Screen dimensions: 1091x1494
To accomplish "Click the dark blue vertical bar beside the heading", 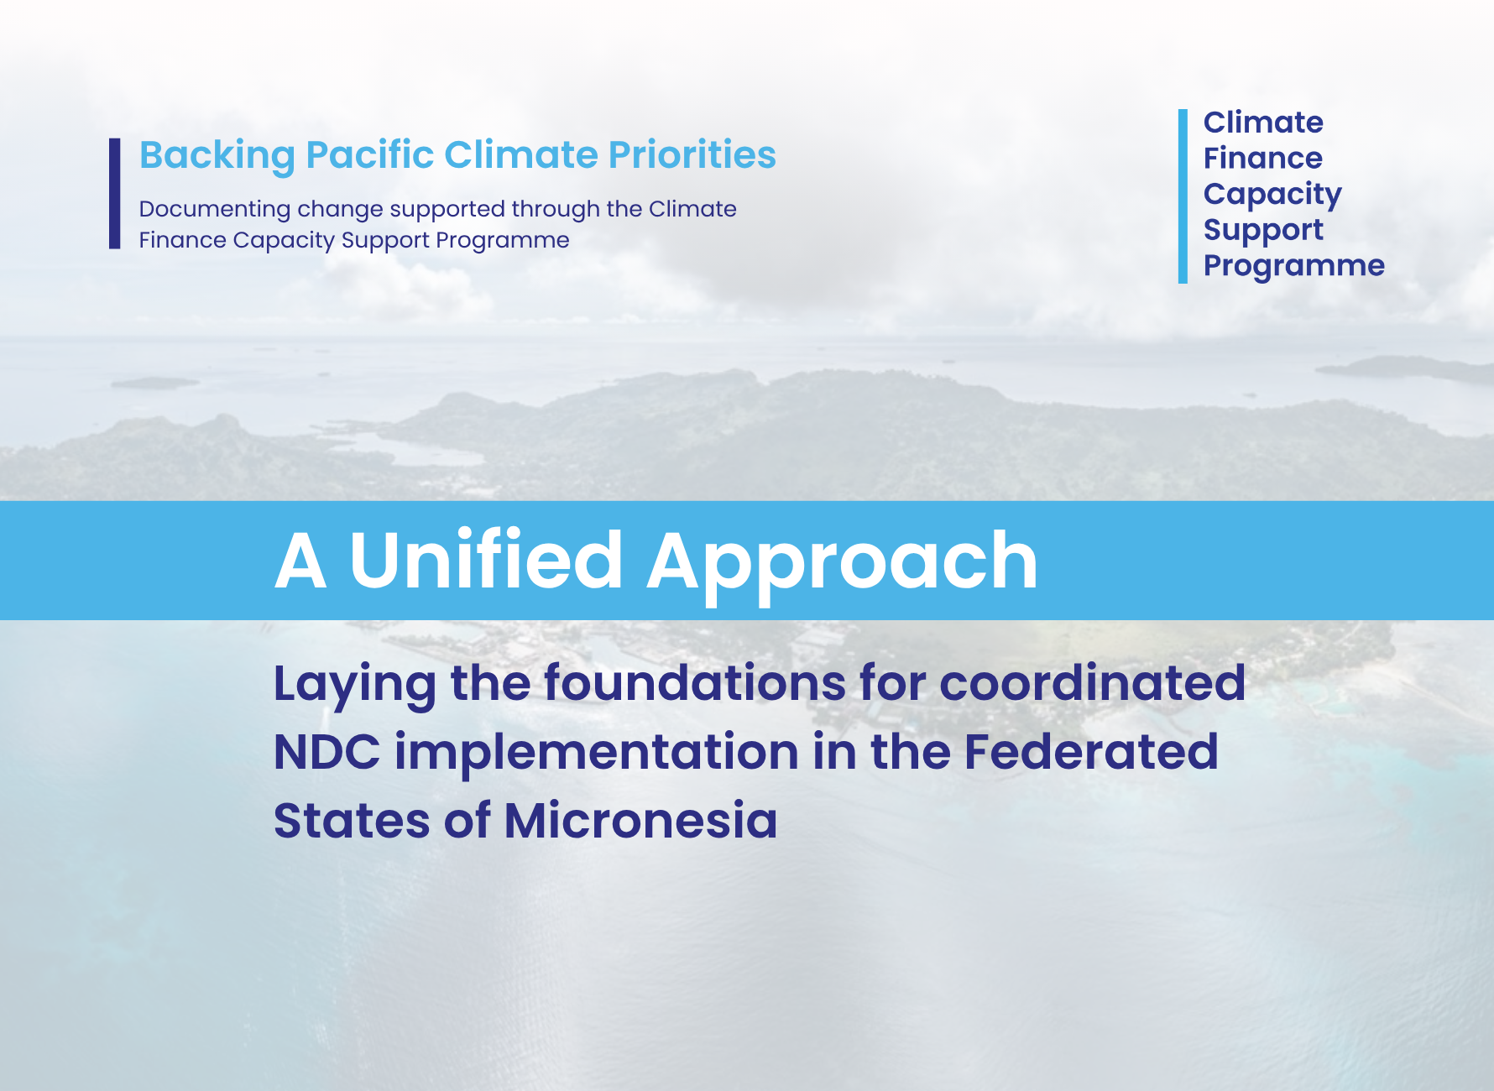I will pos(115,194).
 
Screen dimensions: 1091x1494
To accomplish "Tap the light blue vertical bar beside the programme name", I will pos(1183,196).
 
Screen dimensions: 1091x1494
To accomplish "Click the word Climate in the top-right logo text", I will pos(1262,123).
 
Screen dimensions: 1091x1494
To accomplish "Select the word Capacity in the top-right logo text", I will pos(1272,195).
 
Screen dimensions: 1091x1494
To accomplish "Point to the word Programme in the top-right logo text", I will pos(1293,266).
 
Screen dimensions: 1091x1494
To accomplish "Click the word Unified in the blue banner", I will pos(485,561).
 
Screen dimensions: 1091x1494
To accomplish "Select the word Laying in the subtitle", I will pos(354,684).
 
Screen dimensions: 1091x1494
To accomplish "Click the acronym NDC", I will pos(326,751).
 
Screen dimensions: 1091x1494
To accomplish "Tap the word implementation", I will pos(596,751).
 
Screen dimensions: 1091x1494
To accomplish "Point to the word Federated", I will pos(1090,751).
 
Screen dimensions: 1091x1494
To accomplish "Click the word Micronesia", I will pos(640,820).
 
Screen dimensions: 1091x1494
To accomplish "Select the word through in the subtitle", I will pos(556,209).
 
